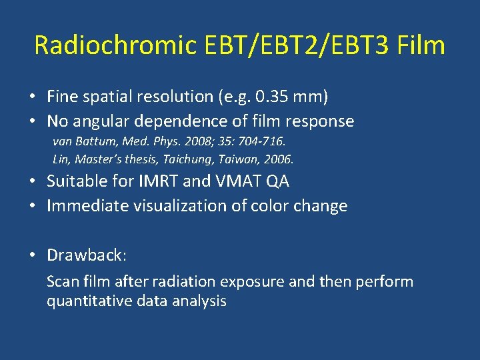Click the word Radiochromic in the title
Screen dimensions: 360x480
point(115,45)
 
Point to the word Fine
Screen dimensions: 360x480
point(61,97)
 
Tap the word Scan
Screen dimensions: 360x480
point(61,281)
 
